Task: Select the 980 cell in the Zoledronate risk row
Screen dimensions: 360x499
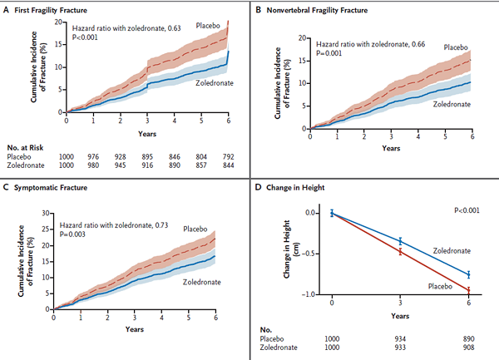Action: pyautogui.click(x=93, y=165)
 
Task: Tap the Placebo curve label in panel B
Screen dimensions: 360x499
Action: pyautogui.click(x=452, y=48)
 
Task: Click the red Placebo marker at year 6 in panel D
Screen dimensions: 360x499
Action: pyautogui.click(x=468, y=290)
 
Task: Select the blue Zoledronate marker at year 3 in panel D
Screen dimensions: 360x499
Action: pyautogui.click(x=400, y=241)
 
